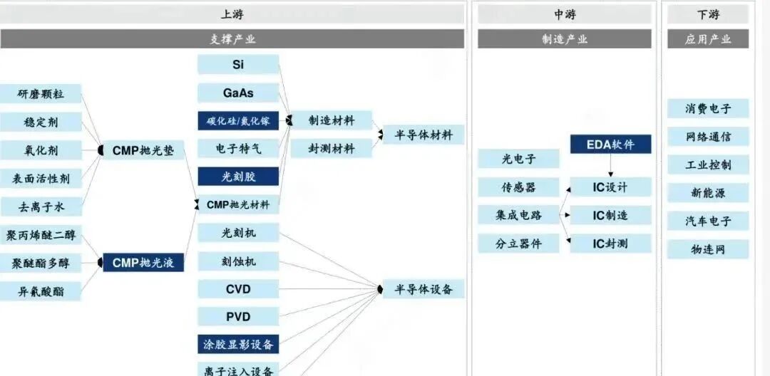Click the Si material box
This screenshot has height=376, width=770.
point(238,64)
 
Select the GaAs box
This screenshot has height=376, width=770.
point(238,93)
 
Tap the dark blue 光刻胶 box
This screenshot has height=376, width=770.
point(238,177)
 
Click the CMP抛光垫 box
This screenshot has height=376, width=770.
point(143,150)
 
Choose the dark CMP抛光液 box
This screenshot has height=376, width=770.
point(143,263)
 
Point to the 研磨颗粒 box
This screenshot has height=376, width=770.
point(40,94)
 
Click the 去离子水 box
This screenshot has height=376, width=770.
point(40,207)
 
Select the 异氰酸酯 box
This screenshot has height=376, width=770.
point(40,291)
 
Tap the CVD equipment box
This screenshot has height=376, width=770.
point(238,289)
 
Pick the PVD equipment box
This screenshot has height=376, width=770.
point(238,317)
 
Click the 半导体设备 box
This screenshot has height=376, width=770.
point(423,289)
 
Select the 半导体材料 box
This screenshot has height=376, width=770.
point(423,135)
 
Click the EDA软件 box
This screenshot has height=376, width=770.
point(610,145)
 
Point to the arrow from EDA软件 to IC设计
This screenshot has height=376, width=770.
point(610,166)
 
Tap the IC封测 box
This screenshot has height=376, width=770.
point(610,244)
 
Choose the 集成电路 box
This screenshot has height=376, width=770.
point(518,215)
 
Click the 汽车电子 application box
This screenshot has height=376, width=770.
point(708,221)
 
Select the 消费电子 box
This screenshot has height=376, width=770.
point(708,108)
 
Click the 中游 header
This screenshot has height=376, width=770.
point(564,14)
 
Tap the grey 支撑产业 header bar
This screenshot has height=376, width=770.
point(232,39)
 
